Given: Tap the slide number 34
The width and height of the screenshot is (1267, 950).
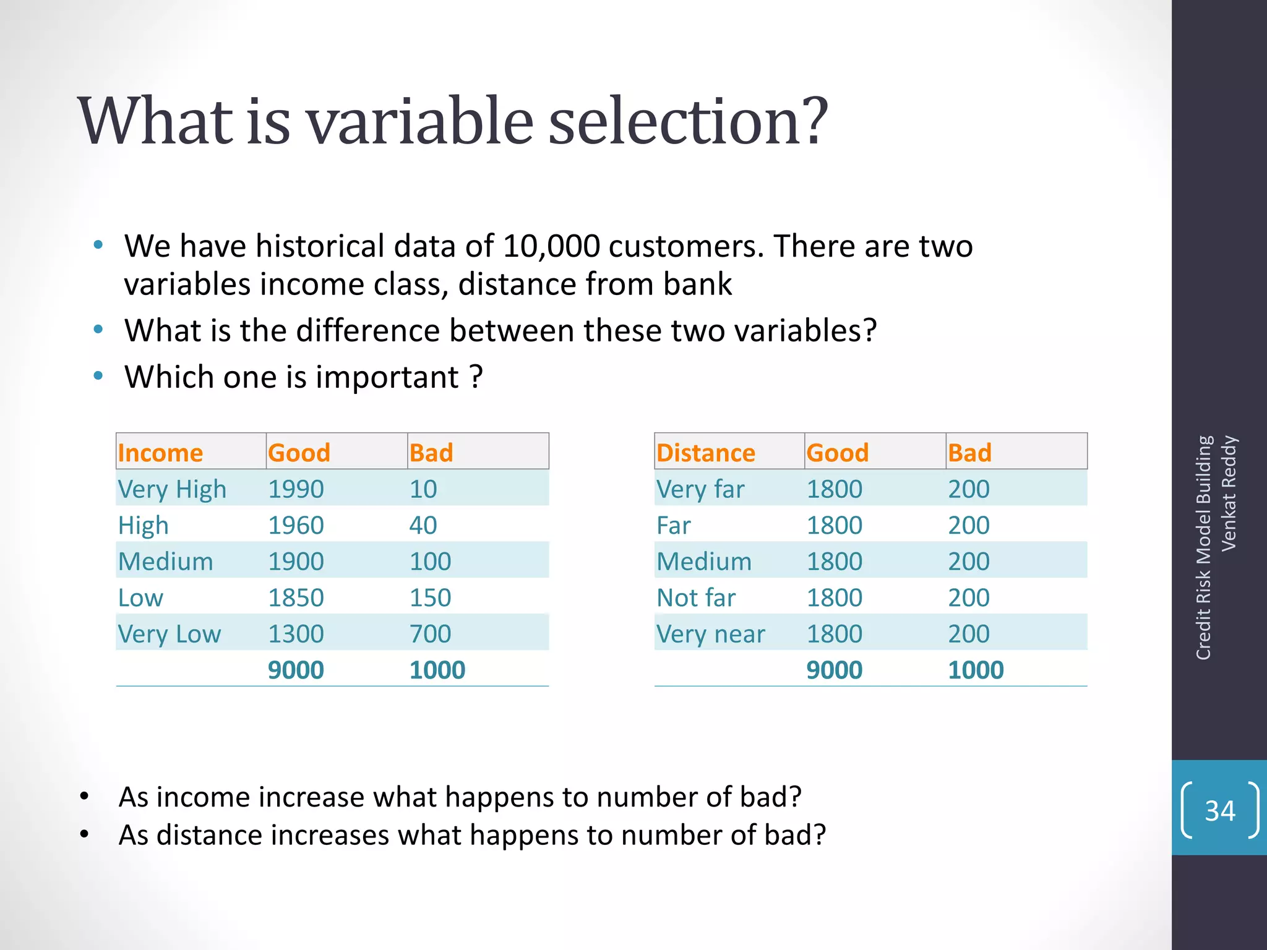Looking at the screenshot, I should (1219, 811).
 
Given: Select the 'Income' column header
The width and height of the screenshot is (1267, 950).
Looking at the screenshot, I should (160, 453).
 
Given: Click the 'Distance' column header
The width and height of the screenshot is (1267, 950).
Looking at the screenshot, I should (705, 453).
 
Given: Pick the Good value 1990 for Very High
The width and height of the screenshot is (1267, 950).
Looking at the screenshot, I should (296, 489).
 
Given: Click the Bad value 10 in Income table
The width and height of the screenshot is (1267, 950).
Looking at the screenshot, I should (423, 489).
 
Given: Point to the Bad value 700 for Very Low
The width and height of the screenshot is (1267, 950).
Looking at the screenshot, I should (430, 634).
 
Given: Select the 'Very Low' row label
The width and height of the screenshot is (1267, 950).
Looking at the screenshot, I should (169, 634).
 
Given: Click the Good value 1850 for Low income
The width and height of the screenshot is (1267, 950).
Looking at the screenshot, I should (296, 598).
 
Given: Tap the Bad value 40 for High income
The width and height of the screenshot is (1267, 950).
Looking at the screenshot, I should (423, 526).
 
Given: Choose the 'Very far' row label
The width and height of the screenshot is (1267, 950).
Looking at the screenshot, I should (700, 489).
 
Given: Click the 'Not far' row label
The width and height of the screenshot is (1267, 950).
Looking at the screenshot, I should (696, 598).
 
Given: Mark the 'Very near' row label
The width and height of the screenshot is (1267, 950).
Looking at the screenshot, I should (710, 634).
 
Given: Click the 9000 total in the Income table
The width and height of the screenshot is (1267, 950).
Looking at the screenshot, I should (296, 670).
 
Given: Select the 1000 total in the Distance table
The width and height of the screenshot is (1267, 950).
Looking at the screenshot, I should (976, 670).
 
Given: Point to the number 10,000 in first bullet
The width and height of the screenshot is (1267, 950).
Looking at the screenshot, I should (551, 246).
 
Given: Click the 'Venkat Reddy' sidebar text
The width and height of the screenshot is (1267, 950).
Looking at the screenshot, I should (1229, 493).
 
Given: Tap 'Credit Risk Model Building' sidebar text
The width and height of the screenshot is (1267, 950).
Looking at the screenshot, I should (1203, 547).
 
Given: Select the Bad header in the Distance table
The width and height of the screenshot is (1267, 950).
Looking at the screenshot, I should (969, 453).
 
